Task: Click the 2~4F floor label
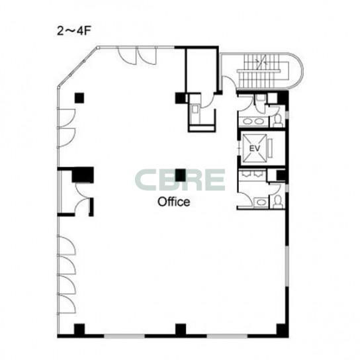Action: pos(73,30)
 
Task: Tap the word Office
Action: pos(174,202)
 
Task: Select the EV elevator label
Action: pos(254,148)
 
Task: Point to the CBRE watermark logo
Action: pos(180,180)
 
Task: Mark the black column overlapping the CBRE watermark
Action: pos(181,175)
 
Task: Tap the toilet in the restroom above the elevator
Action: pos(278,120)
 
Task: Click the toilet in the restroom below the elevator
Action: pos(279,201)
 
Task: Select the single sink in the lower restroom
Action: pos(261,202)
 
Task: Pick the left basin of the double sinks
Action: pos(247,121)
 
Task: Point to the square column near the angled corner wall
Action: pos(79,98)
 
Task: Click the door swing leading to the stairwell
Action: pos(230,82)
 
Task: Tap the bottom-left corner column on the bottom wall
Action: pos(79,330)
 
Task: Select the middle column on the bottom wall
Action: pos(181,330)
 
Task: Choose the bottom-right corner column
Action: pos(283,330)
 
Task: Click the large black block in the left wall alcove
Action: pos(83,175)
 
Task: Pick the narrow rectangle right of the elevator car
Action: pos(270,148)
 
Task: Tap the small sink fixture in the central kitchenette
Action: pos(195,109)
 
